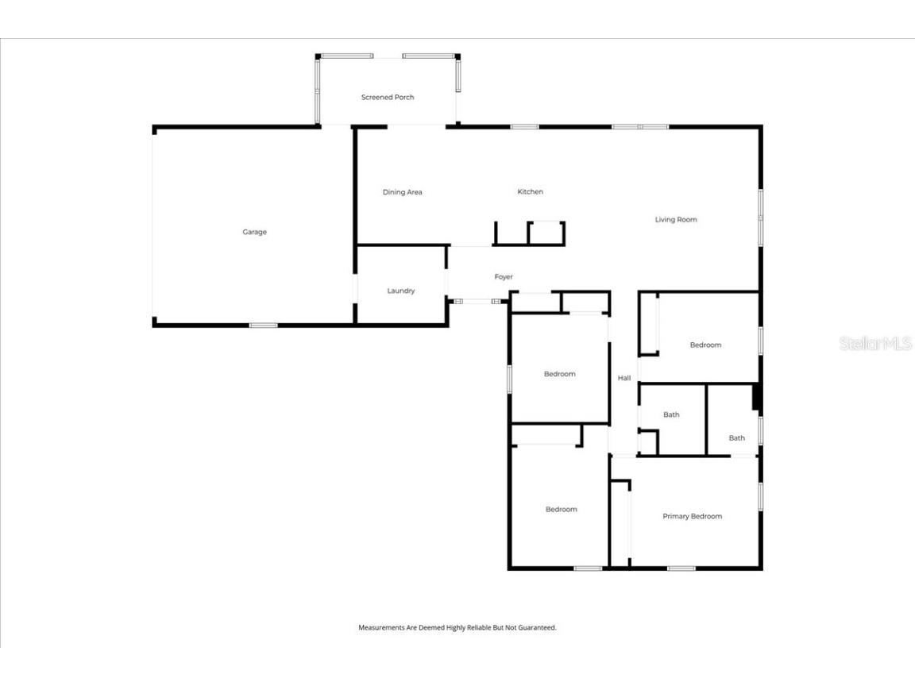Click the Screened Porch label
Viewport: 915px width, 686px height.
click(x=388, y=97)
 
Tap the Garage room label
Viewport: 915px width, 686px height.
click(x=254, y=232)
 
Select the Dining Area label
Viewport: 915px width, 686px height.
click(x=402, y=192)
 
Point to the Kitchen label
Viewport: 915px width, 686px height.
click(x=530, y=191)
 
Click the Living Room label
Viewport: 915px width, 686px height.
click(x=675, y=219)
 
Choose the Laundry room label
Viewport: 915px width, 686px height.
click(x=400, y=291)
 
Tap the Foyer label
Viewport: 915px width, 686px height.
click(x=504, y=276)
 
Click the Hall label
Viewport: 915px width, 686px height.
click(x=624, y=378)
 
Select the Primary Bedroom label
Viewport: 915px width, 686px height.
click(x=692, y=516)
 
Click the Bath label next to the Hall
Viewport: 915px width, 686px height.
click(x=671, y=414)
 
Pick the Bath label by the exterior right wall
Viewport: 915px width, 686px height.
click(x=737, y=437)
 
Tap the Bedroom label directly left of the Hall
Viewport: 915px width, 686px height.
click(x=559, y=374)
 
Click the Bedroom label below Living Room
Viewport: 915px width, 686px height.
click(x=705, y=345)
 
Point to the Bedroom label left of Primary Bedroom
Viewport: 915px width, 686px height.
click(x=561, y=509)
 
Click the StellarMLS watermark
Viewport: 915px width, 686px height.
click(x=875, y=344)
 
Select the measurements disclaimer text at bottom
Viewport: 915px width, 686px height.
click(x=457, y=627)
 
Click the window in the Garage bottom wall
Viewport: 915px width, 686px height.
click(x=263, y=325)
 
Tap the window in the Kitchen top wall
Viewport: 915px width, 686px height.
click(x=524, y=126)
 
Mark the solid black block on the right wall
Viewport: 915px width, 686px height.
click(x=757, y=398)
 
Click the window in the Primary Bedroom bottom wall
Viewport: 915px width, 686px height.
click(x=681, y=568)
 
